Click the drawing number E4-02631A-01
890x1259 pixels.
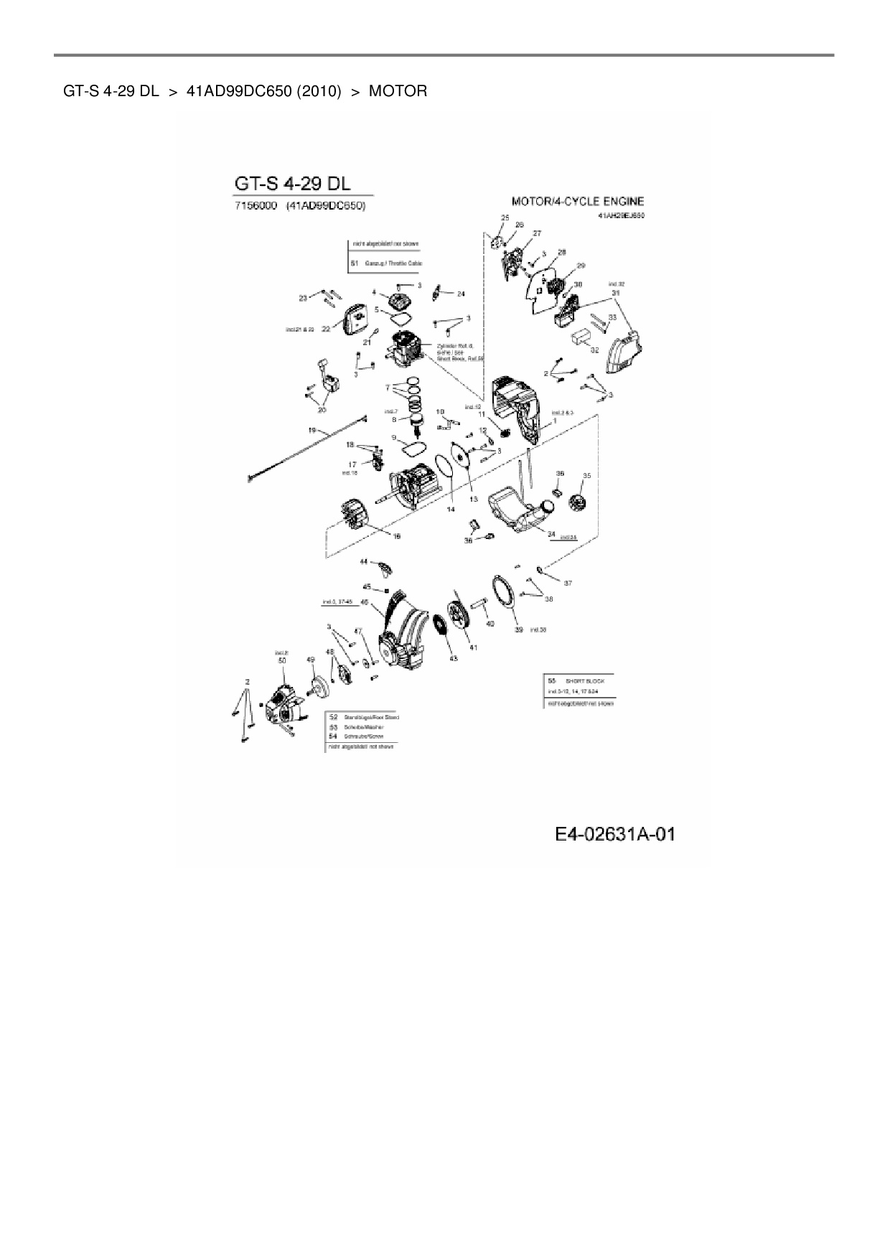pos(615,834)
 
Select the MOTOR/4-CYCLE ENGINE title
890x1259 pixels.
pos(577,202)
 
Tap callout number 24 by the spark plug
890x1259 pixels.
pos(461,294)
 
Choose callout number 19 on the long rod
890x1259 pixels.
pos(312,431)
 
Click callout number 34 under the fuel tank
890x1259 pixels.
pos(551,533)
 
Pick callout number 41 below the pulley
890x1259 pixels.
pos(473,647)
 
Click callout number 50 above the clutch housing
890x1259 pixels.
pos(282,660)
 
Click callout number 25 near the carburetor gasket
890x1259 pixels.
pos(505,217)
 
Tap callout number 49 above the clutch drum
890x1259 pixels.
pos(311,659)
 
